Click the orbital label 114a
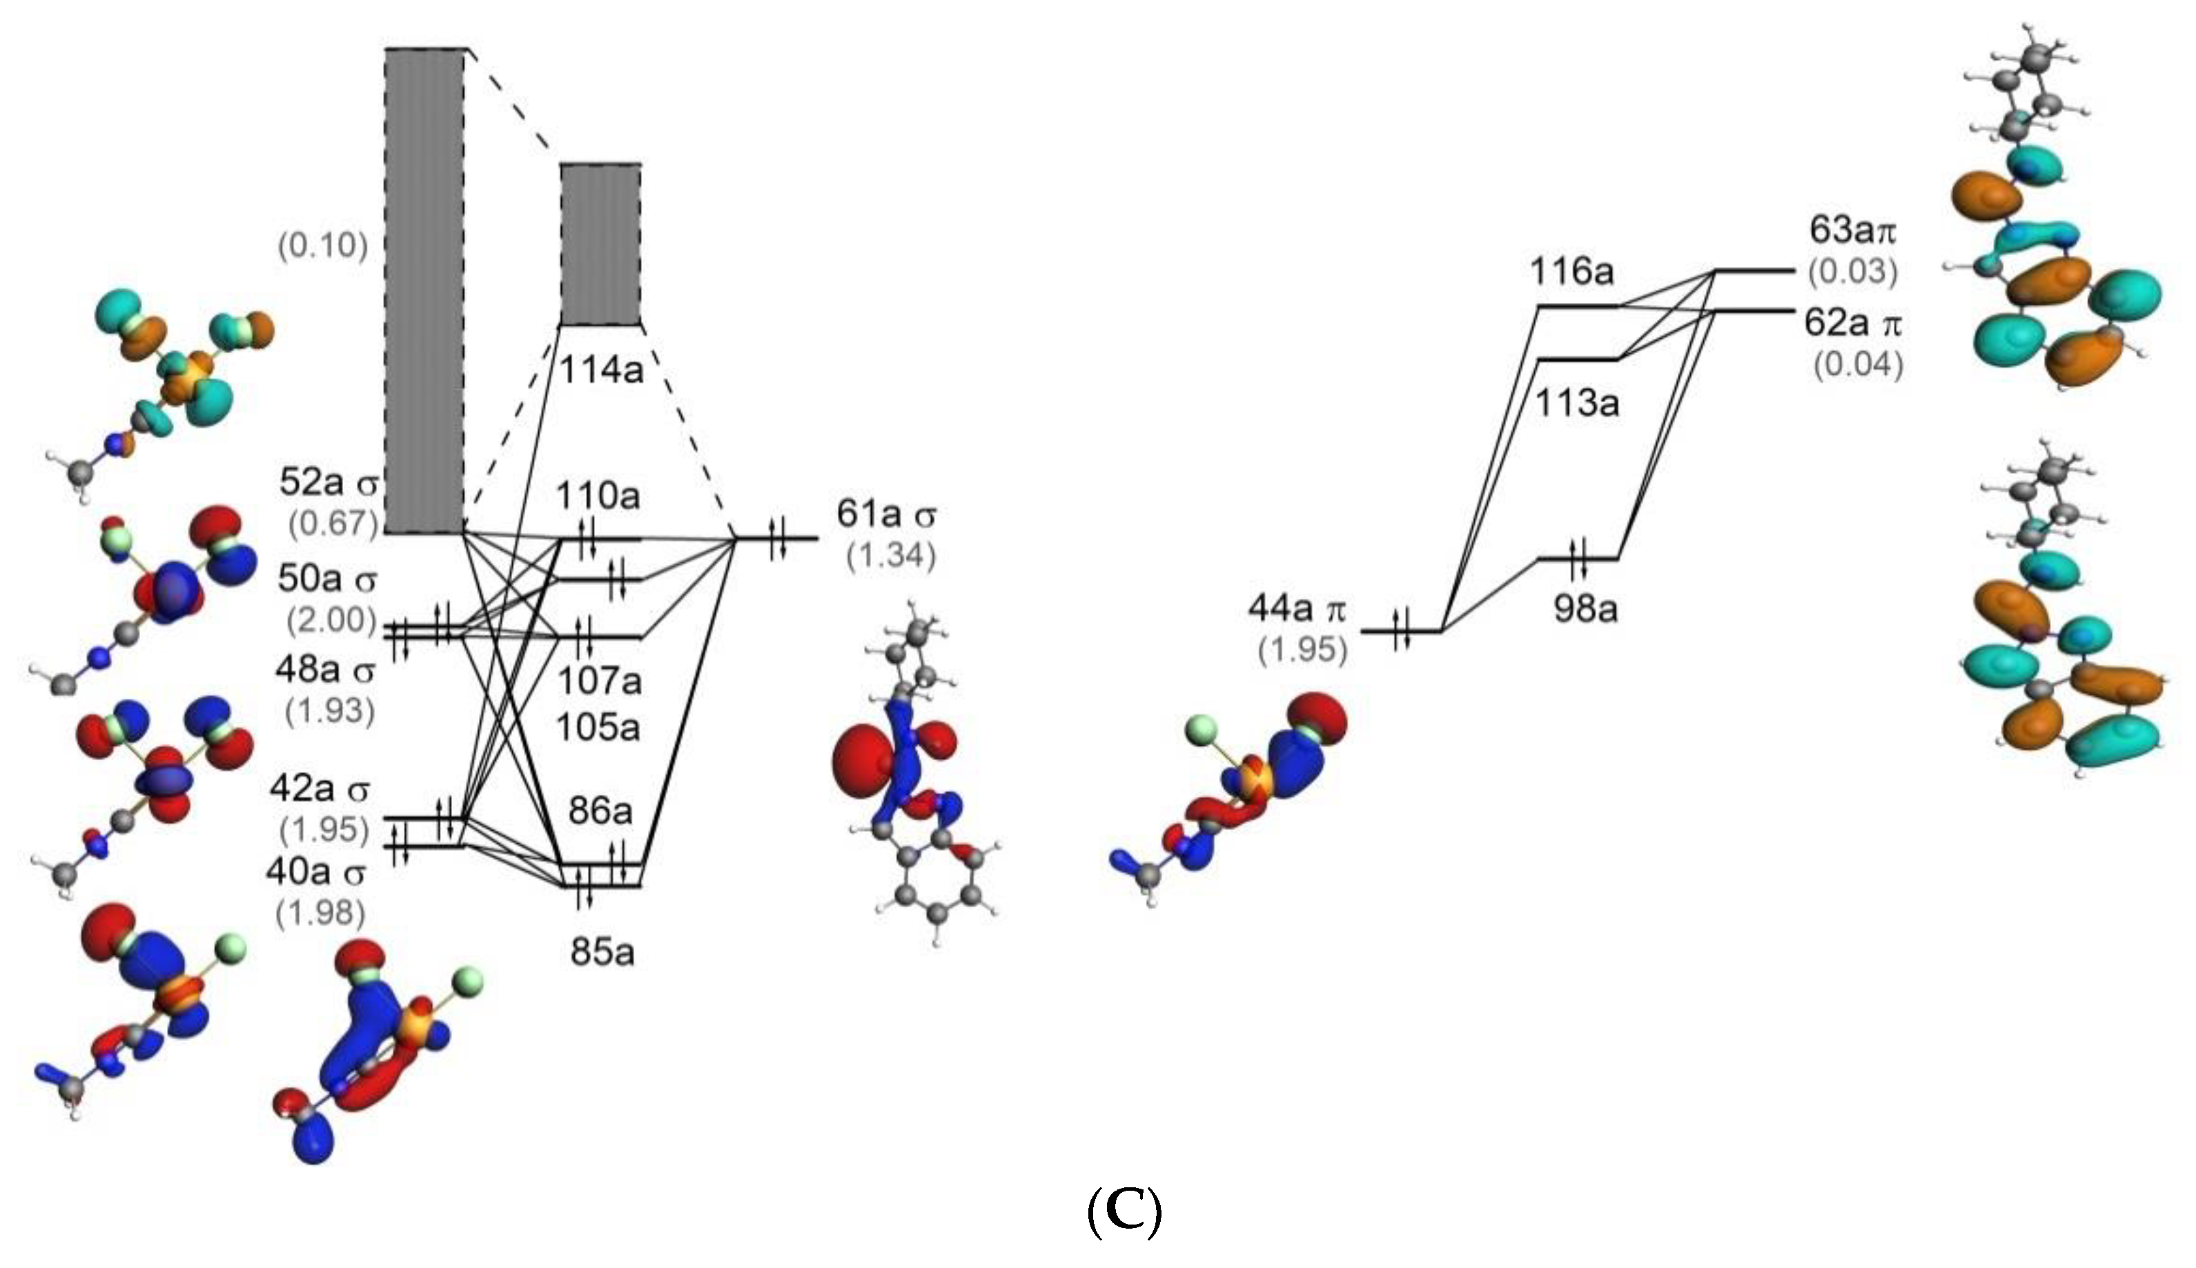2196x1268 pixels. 600,371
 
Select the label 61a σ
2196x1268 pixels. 886,514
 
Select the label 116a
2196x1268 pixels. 1571,273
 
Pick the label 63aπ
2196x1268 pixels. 1852,231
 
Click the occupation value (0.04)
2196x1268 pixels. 1858,364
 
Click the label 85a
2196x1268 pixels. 602,953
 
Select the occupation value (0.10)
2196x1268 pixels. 322,246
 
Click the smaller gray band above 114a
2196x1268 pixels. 600,244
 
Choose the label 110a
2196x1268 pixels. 598,497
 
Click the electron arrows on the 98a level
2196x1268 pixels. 1578,557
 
